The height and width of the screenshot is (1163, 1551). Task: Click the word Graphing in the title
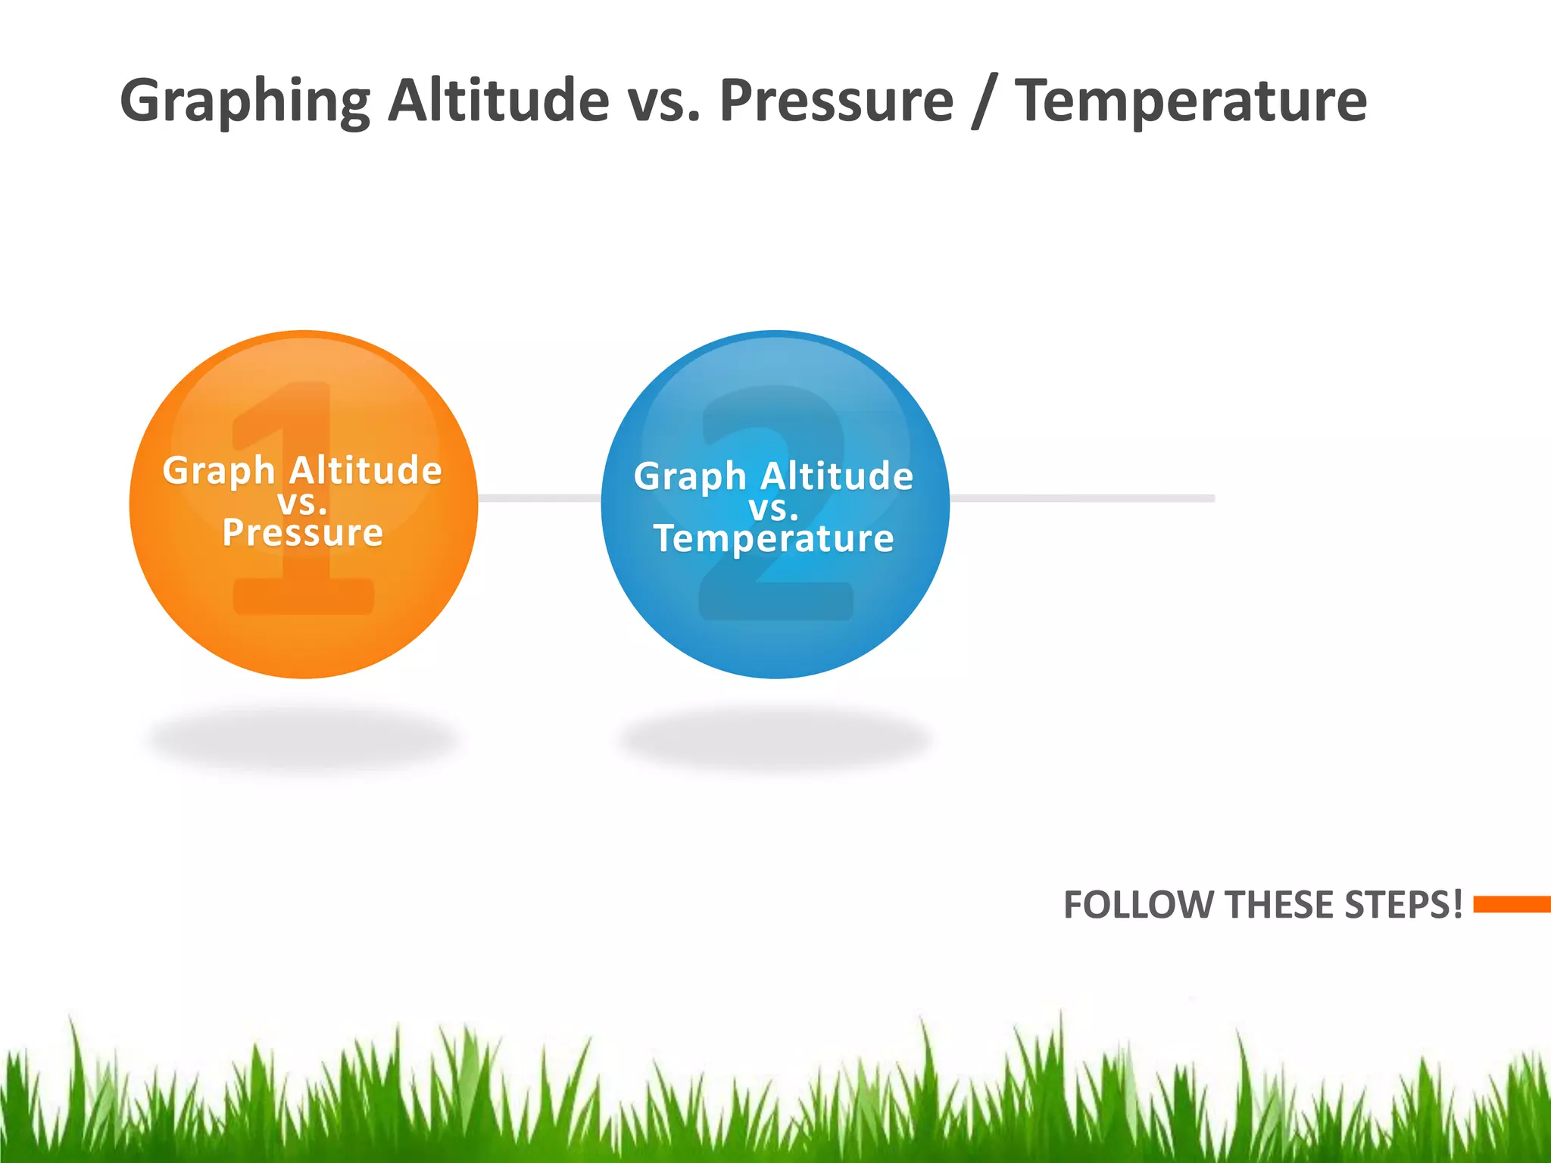point(245,101)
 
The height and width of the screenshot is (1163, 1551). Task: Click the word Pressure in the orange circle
point(303,532)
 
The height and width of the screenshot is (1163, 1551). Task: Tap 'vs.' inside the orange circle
point(302,502)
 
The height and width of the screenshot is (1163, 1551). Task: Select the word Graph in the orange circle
point(219,471)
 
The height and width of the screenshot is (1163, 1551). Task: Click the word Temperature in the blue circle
point(773,538)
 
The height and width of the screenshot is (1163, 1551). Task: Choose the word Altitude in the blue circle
point(837,476)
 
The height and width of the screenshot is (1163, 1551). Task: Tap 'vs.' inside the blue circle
point(773,508)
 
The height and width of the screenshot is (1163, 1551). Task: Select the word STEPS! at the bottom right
point(1403,905)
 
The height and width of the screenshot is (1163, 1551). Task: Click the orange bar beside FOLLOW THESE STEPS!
point(1512,904)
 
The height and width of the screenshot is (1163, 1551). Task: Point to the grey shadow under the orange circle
point(303,738)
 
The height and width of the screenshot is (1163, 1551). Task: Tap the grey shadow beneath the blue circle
point(774,738)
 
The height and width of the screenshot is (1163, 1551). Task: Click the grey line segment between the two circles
point(539,498)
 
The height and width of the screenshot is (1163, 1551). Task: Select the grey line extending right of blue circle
point(1083,498)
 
